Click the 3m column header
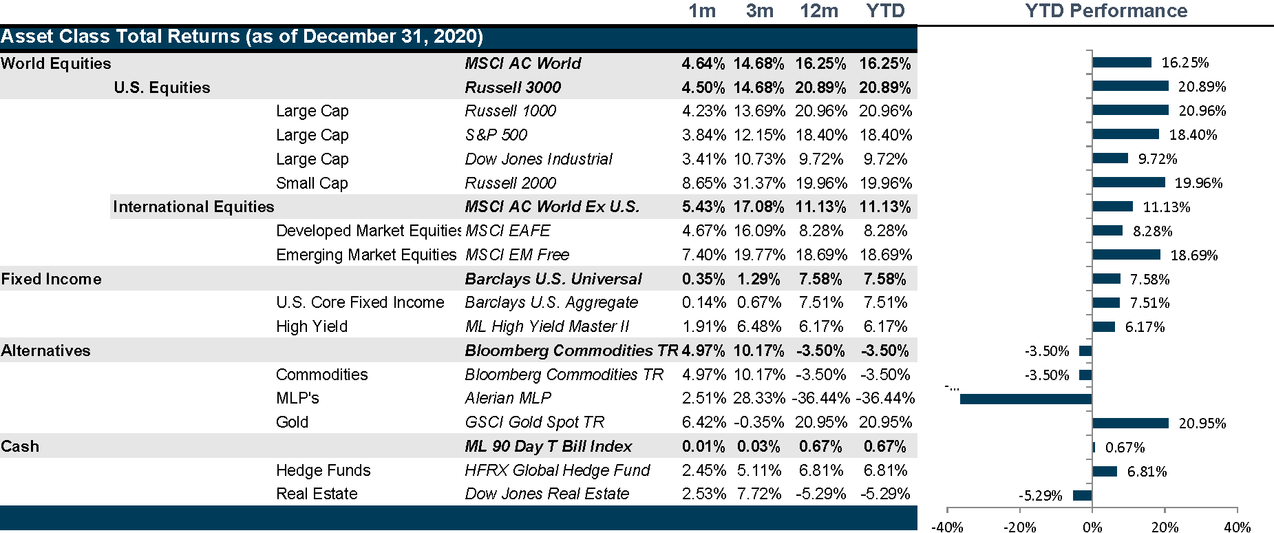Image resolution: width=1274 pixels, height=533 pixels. click(759, 11)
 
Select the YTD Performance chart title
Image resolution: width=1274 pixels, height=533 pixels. click(1106, 11)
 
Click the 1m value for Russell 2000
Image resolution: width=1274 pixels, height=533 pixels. click(703, 183)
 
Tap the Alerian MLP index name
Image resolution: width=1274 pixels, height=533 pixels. click(507, 398)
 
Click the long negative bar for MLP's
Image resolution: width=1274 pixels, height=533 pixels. click(1026, 399)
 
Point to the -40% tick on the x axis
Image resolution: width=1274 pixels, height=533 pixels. click(947, 527)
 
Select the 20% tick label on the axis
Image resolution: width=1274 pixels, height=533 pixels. click(1165, 527)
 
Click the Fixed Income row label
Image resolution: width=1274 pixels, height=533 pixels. click(52, 279)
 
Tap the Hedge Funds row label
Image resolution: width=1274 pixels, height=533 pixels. click(323, 470)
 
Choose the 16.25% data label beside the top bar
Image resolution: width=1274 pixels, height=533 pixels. click(1185, 63)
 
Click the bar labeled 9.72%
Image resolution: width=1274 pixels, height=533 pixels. click(1110, 158)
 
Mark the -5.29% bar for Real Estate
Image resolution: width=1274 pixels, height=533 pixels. click(1082, 495)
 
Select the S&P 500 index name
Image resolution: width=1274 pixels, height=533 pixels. click(496, 135)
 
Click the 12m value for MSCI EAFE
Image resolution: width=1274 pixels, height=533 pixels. click(820, 231)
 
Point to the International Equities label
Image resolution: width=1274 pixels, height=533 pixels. click(193, 207)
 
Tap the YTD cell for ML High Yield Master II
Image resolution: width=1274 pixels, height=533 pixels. click(885, 326)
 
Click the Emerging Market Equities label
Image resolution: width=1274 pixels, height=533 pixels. click(366, 255)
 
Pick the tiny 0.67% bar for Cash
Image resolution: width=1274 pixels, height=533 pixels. click(1094, 447)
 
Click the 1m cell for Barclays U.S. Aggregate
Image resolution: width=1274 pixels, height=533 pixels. click(703, 302)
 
